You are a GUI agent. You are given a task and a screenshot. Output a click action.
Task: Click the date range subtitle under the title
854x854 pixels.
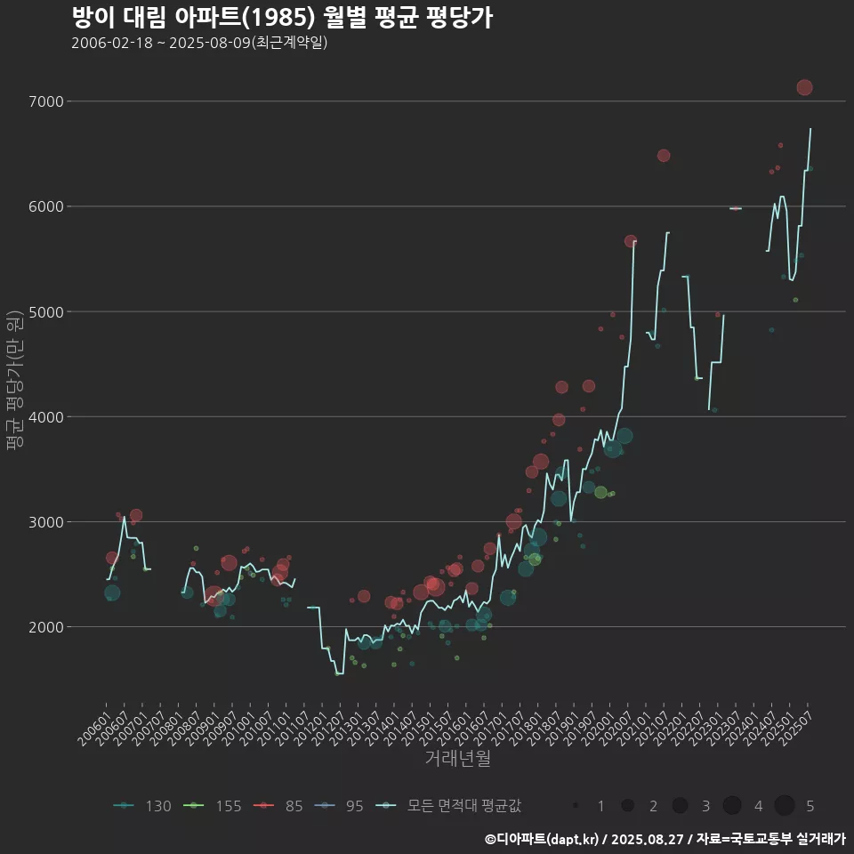199,43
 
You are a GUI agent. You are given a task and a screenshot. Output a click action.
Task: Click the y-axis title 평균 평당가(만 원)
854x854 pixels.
12,383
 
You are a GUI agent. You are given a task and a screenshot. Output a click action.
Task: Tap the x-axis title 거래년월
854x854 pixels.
457,758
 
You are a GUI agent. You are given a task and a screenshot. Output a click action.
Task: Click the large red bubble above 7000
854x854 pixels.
804,87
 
